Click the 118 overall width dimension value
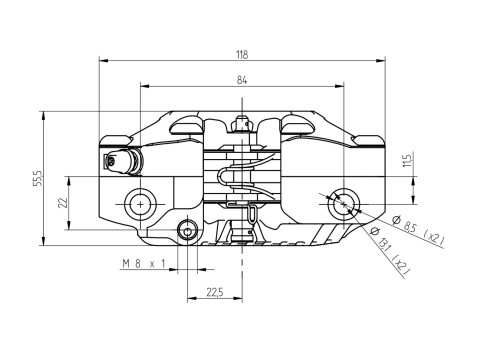pos(242,54)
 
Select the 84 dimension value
pos(242,80)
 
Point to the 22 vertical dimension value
pos(63,202)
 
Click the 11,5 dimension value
pos(407,159)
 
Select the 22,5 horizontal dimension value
pos(215,293)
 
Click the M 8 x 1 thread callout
pos(144,264)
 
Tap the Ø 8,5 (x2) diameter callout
pos(418,230)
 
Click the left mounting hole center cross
pos(140,204)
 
